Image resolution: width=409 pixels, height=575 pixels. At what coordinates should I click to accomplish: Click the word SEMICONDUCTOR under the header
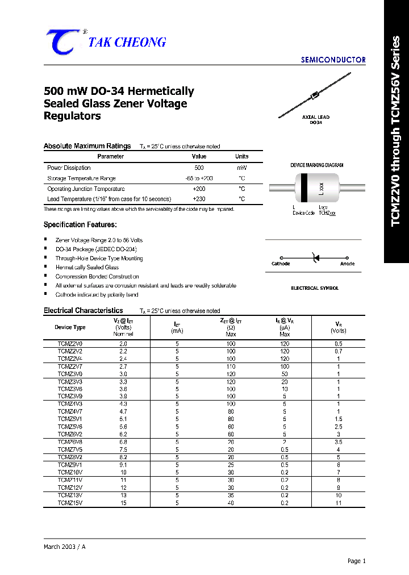pyautogui.click(x=333, y=60)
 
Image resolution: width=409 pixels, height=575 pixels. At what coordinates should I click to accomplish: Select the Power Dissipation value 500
pyautogui.click(x=199, y=168)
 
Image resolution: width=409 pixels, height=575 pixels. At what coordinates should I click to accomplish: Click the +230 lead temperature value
pyautogui.click(x=199, y=199)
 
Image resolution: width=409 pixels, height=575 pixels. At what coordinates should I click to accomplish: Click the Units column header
pyautogui.click(x=242, y=156)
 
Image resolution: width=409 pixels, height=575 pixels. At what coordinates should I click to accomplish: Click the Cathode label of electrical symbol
pyautogui.click(x=281, y=264)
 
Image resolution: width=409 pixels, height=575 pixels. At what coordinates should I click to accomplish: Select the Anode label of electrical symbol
pyautogui.click(x=347, y=264)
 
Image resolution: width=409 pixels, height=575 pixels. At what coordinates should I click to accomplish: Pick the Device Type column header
pyautogui.click(x=70, y=327)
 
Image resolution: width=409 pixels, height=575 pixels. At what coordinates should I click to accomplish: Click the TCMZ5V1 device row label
pyautogui.click(x=70, y=418)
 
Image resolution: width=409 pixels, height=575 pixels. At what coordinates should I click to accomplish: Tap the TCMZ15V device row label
pyautogui.click(x=70, y=503)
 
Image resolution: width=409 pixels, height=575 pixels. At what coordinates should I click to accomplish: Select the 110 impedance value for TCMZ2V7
pyautogui.click(x=231, y=367)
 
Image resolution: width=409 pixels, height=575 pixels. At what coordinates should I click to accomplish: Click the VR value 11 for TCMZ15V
pyautogui.click(x=338, y=503)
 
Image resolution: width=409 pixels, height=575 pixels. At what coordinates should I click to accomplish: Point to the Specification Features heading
pyautogui.click(x=80, y=225)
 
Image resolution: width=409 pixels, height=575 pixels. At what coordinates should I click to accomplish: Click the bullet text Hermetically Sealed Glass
pyautogui.click(x=87, y=267)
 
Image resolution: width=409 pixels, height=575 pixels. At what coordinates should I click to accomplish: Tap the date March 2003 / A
pyautogui.click(x=65, y=546)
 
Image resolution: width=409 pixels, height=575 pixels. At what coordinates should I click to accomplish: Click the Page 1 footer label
pyautogui.click(x=356, y=561)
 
